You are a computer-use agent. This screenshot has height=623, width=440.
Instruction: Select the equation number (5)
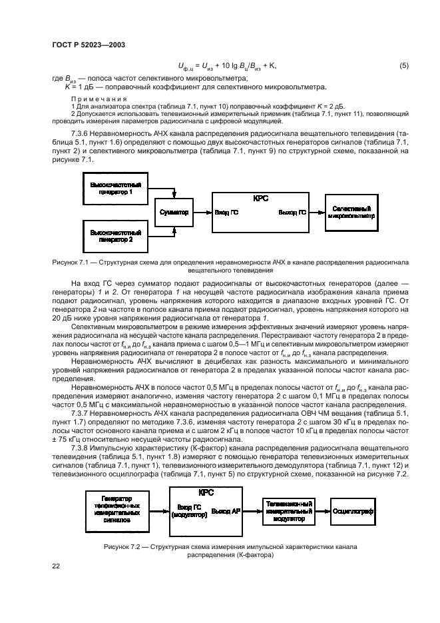pos(403,65)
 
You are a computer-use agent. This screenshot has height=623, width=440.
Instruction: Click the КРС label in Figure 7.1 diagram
pos(261,199)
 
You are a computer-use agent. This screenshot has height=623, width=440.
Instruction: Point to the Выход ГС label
pos(292,213)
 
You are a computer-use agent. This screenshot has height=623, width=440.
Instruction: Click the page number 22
pos(57,566)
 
